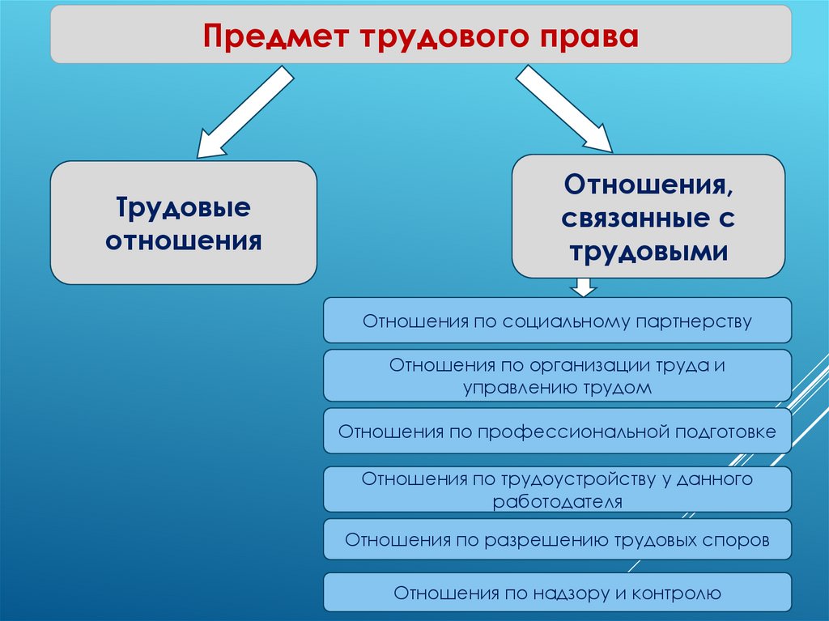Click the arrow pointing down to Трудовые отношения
244,113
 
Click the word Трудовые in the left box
184,208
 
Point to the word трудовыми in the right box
648,251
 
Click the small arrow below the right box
582,287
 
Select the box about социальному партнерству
557,321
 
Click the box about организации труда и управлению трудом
557,376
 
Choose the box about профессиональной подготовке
557,431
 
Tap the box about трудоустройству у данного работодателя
557,489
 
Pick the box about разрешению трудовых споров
557,539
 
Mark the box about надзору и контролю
557,593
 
